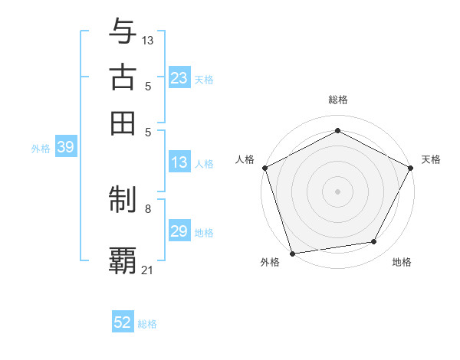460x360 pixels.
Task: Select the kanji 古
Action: (123, 77)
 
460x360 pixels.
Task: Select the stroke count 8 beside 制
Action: (148, 208)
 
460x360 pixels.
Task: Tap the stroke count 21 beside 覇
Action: (148, 270)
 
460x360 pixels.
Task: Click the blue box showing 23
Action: (179, 78)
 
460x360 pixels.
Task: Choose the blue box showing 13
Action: (179, 162)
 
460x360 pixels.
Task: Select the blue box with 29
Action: (179, 231)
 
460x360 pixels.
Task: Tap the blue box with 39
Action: (65, 148)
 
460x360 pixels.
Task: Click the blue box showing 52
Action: (123, 322)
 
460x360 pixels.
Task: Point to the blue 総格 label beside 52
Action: (147, 324)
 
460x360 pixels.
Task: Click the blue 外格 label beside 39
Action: (41, 149)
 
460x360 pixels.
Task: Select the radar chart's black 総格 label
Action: (337, 100)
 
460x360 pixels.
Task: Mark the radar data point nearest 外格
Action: (292, 254)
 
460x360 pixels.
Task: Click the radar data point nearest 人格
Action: (264, 167)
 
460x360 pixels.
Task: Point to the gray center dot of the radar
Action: (337, 191)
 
